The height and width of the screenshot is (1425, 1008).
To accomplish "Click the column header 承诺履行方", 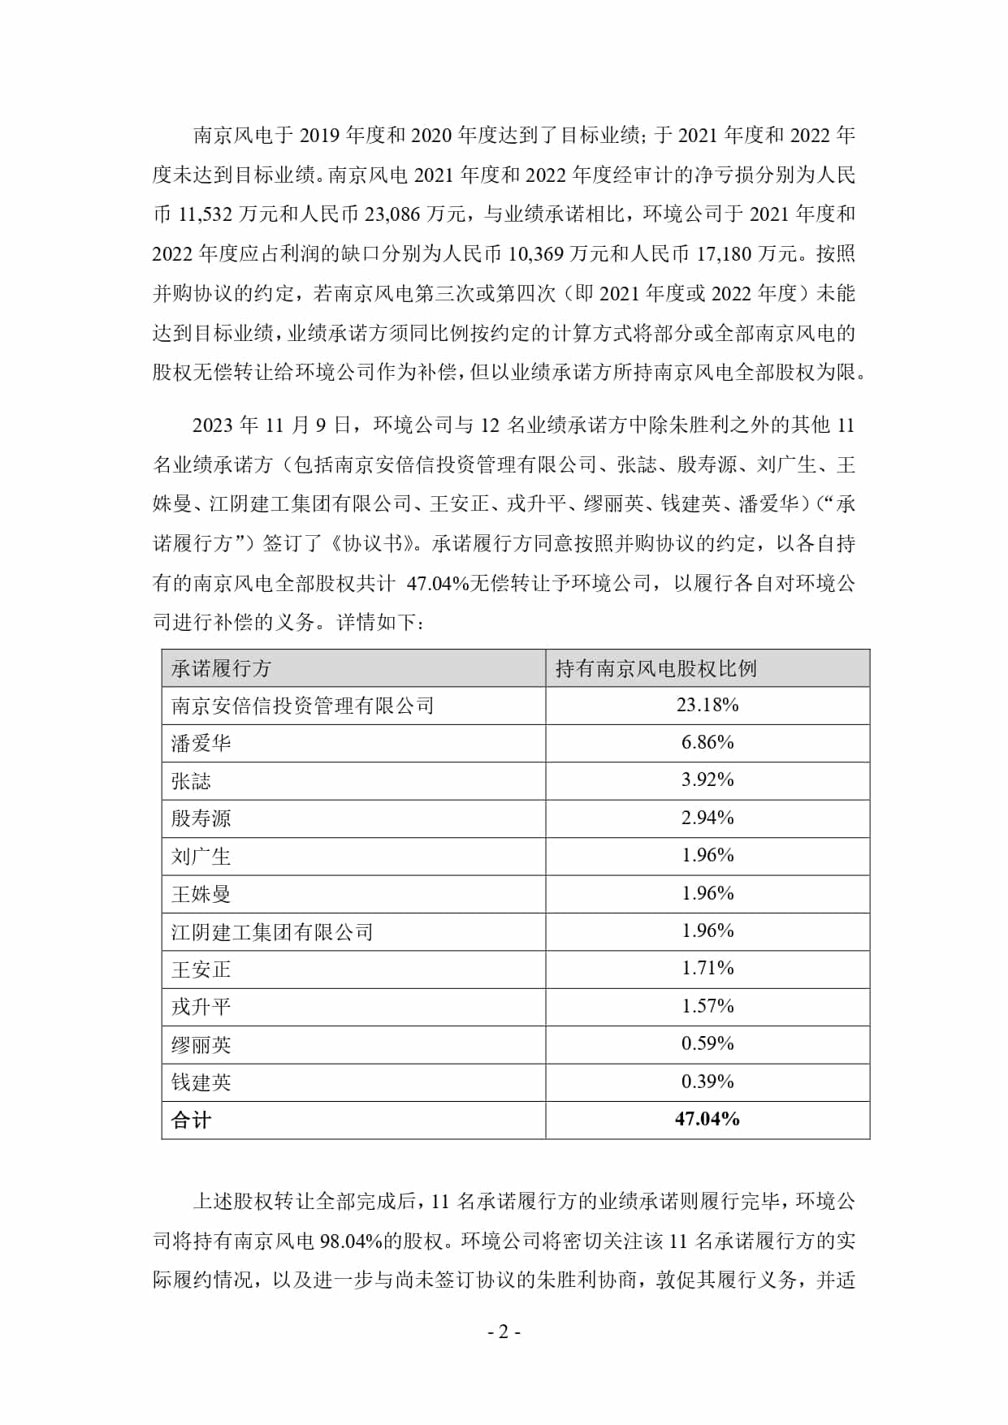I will click(221, 668).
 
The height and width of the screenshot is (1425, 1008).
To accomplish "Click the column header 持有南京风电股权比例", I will click(655, 668).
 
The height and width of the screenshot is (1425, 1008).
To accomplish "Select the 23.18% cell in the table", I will click(707, 705).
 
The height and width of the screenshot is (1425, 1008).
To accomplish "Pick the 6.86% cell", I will click(707, 742).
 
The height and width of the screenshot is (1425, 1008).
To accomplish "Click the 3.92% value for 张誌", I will click(707, 779).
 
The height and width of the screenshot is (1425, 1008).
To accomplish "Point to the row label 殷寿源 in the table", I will click(201, 818).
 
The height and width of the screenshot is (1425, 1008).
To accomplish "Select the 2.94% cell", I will click(707, 818).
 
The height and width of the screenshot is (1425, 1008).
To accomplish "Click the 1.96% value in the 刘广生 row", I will click(707, 855).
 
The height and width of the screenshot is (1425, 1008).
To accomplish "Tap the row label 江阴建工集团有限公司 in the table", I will click(272, 931).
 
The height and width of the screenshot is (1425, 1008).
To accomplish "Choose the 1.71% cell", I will click(707, 968).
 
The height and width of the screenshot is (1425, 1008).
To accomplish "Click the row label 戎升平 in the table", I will click(201, 1007).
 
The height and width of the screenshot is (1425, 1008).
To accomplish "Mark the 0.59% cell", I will click(707, 1043).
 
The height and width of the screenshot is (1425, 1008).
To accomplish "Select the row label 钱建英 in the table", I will click(201, 1082).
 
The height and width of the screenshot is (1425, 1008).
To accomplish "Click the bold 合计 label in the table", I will click(191, 1121).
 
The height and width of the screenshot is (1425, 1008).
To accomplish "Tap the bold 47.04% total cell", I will click(707, 1119).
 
